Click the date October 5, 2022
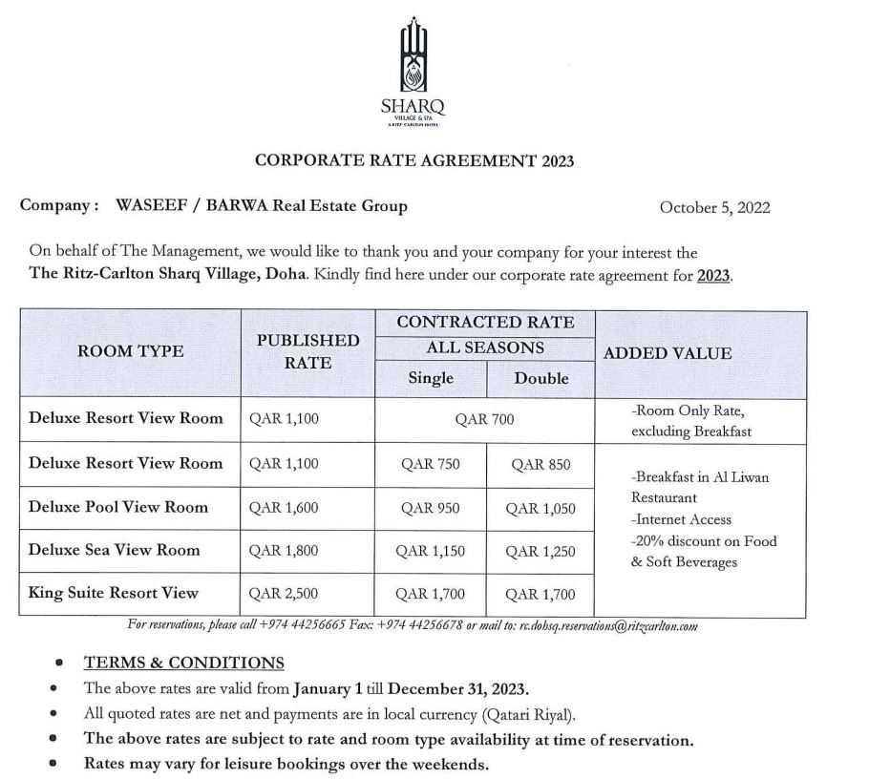click(714, 207)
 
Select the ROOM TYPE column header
click(131, 351)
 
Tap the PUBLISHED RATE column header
click(308, 351)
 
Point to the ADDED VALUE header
click(668, 353)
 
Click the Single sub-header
click(431, 378)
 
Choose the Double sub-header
click(541, 378)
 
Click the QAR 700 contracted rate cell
click(485, 420)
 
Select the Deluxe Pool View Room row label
click(118, 507)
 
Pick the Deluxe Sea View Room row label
click(115, 550)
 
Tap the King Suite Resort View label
click(114, 593)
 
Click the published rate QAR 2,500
click(284, 594)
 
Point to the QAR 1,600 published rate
click(284, 508)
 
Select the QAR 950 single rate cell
click(431, 508)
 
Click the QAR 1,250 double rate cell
click(540, 551)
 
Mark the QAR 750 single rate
click(431, 465)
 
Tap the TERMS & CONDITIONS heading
click(184, 663)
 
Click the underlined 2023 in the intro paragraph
click(713, 276)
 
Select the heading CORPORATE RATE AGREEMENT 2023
click(414, 160)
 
